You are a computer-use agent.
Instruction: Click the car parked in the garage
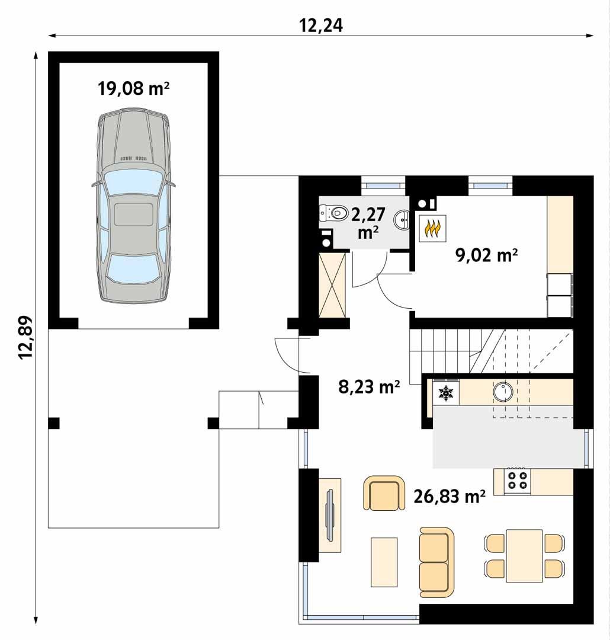[x=133, y=206]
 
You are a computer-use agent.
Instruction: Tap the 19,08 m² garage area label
[x=133, y=88]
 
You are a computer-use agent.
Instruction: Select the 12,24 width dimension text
[x=321, y=25]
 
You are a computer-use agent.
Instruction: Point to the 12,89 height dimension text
[x=25, y=337]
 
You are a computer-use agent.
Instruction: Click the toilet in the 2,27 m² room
[x=333, y=213]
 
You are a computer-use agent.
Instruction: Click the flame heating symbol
[x=432, y=229]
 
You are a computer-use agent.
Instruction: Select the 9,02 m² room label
[x=486, y=255]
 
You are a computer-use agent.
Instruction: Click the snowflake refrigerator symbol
[x=446, y=392]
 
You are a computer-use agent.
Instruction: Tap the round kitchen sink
[x=503, y=392]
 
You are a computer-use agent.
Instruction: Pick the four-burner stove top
[x=518, y=480]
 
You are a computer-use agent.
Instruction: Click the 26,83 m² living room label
[x=450, y=497]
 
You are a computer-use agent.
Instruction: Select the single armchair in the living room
[x=384, y=493]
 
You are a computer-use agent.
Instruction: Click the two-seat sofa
[x=436, y=562]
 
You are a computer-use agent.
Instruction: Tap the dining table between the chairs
[x=524, y=556]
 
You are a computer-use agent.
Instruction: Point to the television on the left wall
[x=329, y=515]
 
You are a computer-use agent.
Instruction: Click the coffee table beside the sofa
[x=384, y=562]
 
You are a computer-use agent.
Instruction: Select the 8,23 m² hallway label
[x=369, y=386]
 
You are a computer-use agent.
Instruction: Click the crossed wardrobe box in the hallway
[x=332, y=285]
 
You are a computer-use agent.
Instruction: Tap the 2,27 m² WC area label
[x=368, y=223]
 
